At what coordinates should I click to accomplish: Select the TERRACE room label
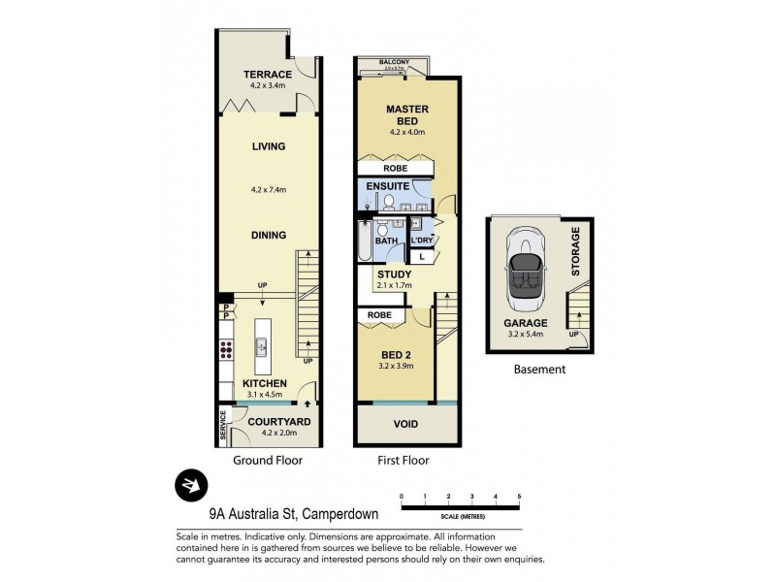(268, 74)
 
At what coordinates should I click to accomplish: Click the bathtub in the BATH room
(362, 242)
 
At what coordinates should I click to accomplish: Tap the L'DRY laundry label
(421, 240)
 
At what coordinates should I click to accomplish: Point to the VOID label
(405, 424)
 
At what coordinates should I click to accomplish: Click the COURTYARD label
(278, 421)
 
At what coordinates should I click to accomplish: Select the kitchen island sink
(262, 344)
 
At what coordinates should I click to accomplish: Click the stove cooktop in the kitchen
(226, 350)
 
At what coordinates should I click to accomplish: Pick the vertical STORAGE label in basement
(575, 251)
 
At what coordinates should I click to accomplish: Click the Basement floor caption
(538, 370)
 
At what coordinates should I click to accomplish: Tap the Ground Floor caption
(268, 461)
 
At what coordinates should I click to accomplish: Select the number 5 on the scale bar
(519, 497)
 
